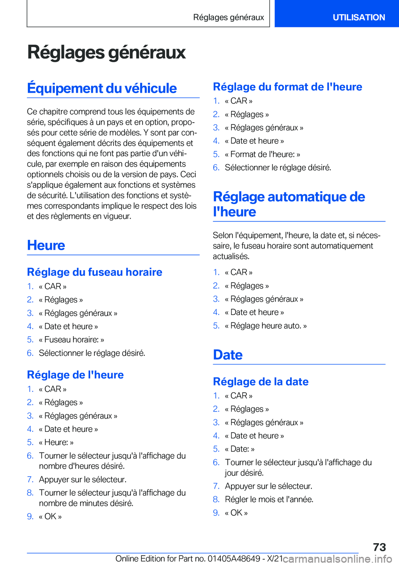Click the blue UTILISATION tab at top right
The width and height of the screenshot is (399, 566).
tap(358, 17)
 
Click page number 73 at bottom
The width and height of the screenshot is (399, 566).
tap(379, 547)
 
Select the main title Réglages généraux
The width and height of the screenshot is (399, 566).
tap(106, 52)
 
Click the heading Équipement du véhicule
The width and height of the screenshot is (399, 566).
tap(102, 88)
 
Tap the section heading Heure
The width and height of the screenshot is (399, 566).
tap(46, 245)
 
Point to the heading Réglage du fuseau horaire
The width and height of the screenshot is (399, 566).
tap(94, 272)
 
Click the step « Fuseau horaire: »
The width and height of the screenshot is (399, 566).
tap(71, 340)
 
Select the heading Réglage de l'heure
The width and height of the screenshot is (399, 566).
tap(75, 375)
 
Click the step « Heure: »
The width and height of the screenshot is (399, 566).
tap(56, 442)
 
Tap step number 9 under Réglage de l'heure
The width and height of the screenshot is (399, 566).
tap(30, 516)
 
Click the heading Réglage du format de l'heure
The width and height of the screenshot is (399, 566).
tap(287, 87)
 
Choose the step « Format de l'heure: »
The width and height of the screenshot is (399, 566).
tap(262, 154)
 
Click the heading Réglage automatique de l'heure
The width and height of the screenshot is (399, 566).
tap(288, 204)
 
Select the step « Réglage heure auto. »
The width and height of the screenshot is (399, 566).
tap(266, 326)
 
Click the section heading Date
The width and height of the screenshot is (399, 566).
tap(228, 354)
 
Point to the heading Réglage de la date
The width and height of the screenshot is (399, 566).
tap(261, 381)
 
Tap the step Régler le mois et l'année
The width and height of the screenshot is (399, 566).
tap(269, 499)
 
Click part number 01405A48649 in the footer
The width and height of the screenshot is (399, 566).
tap(234, 559)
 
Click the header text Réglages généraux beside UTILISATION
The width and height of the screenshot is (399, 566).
tap(228, 17)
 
